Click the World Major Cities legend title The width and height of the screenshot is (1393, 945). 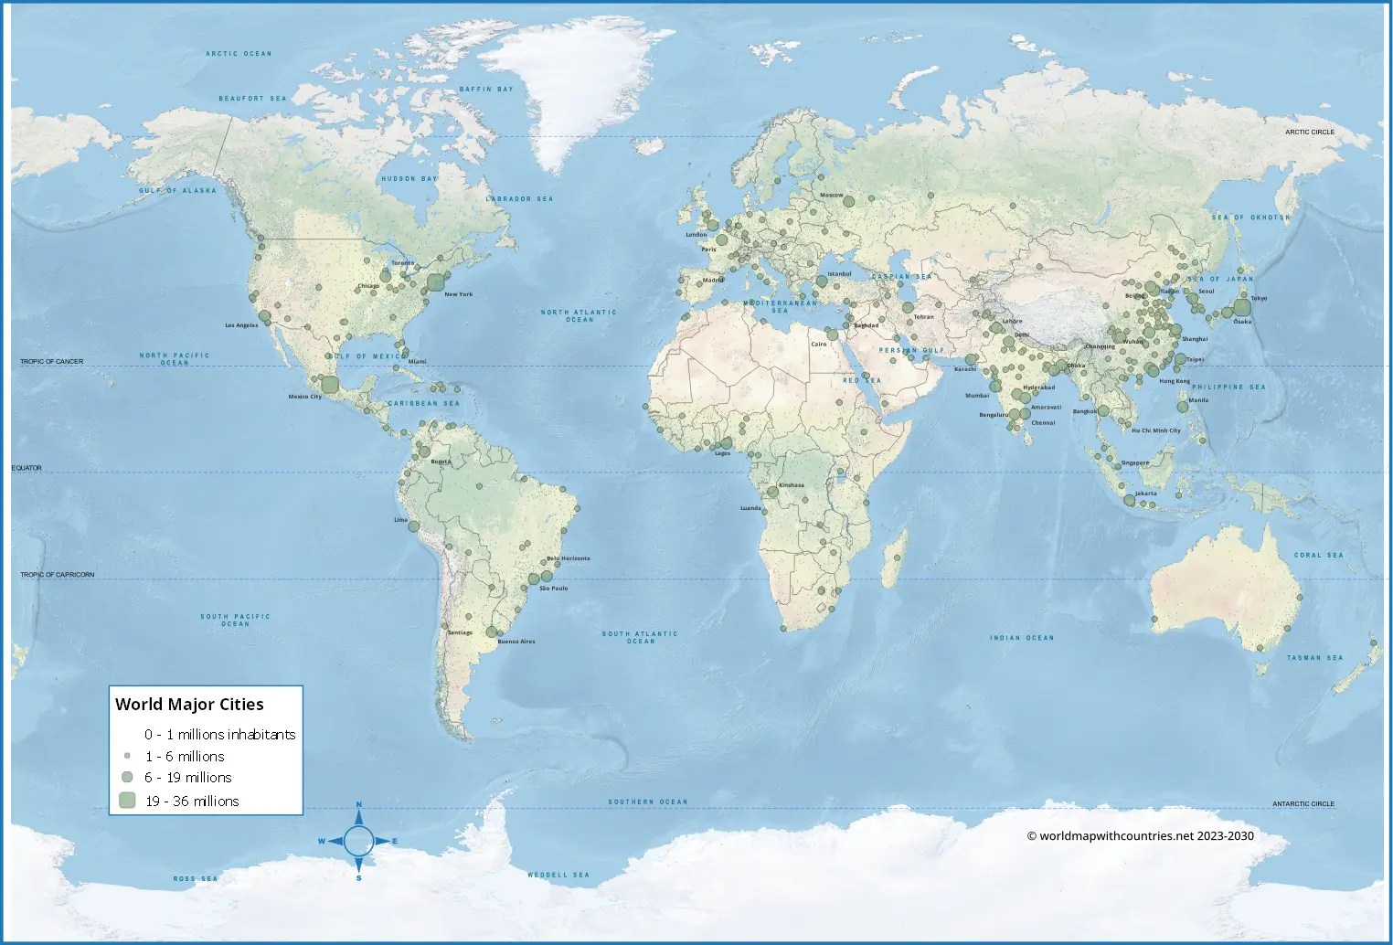189,705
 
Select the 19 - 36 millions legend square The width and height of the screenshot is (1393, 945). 127,801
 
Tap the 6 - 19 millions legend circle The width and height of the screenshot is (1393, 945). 127,777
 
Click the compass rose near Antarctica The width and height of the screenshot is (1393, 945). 358,841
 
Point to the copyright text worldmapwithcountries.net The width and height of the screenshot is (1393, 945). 1140,835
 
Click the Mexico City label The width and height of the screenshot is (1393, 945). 304,397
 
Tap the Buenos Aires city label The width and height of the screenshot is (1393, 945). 516,642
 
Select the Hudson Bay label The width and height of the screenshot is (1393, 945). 409,179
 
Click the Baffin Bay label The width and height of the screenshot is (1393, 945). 486,90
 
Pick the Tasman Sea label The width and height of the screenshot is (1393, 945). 1314,658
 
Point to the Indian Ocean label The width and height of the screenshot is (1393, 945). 1022,638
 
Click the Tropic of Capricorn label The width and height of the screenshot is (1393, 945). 57,575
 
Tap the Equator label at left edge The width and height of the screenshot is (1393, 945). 27,468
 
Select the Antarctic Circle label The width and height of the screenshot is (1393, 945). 1303,804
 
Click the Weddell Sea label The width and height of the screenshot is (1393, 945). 558,875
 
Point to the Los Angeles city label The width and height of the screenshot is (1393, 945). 241,325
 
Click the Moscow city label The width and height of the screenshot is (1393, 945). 831,195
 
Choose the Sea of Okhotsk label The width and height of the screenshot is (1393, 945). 1250,218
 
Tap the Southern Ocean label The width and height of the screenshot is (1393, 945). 647,802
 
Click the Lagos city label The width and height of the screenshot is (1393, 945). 722,453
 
